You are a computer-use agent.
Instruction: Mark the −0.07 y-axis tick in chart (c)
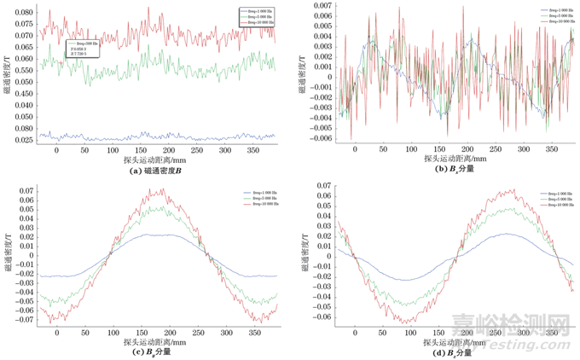(26, 322)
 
